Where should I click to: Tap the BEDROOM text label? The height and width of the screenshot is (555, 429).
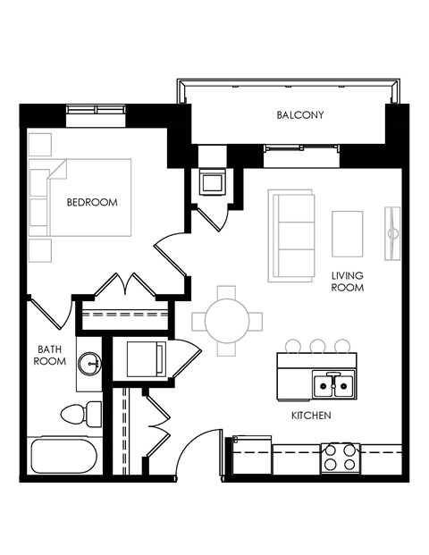[92, 202]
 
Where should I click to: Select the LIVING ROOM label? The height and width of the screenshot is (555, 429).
[347, 282]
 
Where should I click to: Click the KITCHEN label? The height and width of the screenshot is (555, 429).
[311, 416]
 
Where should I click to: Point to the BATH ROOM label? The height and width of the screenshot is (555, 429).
[49, 355]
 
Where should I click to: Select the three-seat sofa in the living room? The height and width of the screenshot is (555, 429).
[291, 235]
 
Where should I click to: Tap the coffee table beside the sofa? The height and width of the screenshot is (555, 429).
[348, 233]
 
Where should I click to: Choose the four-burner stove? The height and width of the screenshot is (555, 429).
[341, 458]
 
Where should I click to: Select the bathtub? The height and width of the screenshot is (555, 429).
[63, 456]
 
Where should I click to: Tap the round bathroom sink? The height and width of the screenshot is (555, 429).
[89, 363]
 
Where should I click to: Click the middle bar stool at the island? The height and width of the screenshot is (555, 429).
[317, 345]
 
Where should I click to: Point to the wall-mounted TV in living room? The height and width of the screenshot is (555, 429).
[391, 233]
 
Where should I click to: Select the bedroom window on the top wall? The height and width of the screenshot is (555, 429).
[95, 110]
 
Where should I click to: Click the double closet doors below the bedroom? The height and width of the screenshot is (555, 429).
[127, 286]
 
